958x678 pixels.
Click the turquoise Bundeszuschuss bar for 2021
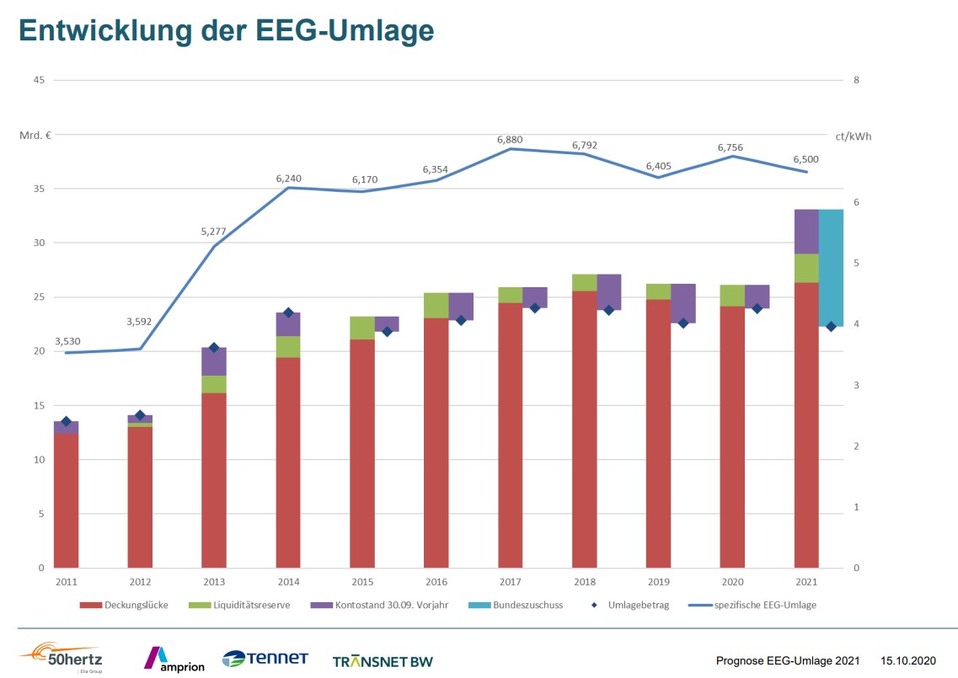[832, 268]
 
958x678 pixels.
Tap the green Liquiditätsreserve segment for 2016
[436, 305]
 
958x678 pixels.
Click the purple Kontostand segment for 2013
[214, 361]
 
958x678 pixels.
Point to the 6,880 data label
[511, 139]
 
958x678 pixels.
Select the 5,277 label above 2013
[215, 231]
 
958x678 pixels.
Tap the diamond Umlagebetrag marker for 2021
[831, 327]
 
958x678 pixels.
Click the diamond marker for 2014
[288, 312]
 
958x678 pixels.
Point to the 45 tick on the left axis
[37, 80]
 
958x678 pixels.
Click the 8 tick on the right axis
[856, 80]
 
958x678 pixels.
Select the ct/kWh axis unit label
[853, 135]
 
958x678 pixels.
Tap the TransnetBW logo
[383, 661]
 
